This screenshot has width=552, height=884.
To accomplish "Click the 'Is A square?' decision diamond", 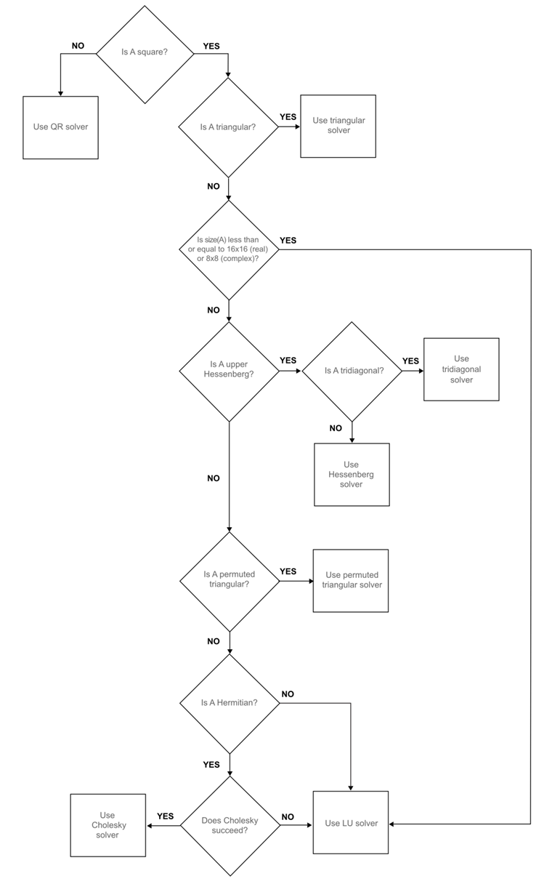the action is [145, 54].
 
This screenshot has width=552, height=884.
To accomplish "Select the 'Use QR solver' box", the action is [60, 127].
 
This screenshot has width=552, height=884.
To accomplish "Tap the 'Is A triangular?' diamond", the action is [228, 127].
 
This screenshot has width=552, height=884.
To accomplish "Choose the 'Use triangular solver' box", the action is [338, 126].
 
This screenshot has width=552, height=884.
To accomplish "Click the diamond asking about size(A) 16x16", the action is [229, 250].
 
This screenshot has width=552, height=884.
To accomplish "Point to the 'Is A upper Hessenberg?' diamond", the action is [229, 371].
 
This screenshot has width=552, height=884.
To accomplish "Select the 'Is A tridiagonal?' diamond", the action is [352, 371].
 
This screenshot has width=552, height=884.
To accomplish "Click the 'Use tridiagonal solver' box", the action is [461, 369].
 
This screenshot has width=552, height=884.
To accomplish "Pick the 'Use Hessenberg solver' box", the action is [352, 475].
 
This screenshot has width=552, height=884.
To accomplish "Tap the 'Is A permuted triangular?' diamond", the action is [230, 582].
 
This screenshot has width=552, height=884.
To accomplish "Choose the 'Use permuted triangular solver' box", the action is [351, 581].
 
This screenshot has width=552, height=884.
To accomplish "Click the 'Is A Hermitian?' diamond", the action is [230, 704].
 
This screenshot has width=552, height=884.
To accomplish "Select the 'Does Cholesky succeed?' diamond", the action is [230, 826].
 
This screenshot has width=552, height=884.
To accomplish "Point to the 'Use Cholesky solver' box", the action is [108, 825].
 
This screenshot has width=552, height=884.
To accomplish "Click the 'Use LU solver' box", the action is [351, 822].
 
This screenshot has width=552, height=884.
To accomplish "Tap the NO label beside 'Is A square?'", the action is [78, 46].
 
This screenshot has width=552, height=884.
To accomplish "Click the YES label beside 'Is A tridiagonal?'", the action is [410, 361].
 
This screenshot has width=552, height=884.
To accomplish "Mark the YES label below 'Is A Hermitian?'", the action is [211, 765].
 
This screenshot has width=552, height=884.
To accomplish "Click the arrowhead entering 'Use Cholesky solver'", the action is [150, 826].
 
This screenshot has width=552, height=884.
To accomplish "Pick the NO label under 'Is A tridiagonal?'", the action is [336, 428].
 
